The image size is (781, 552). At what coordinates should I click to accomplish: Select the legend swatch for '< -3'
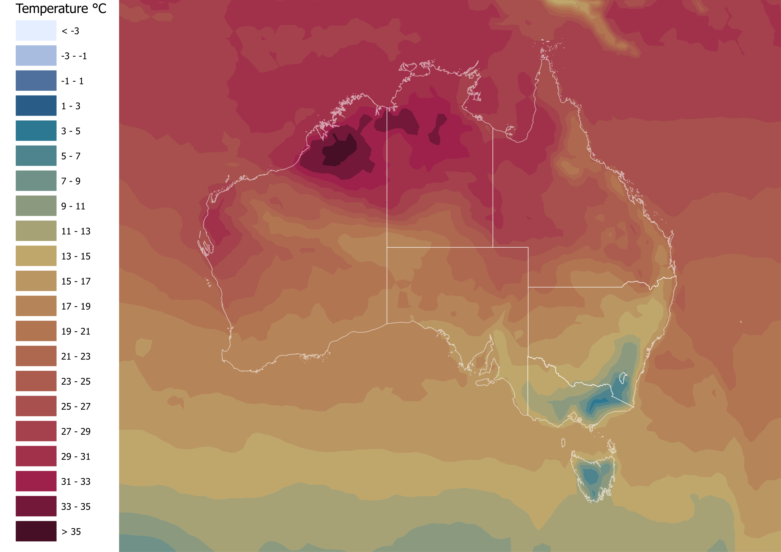tap(36, 31)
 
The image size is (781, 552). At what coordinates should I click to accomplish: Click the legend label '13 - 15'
tap(76, 256)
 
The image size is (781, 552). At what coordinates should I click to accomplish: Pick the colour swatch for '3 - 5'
tap(36, 131)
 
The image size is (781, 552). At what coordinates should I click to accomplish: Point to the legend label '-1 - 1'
tap(72, 81)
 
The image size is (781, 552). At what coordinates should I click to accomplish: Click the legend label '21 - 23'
tap(76, 356)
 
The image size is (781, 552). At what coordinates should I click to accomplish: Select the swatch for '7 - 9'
tap(36, 181)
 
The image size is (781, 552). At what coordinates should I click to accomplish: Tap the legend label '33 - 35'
tap(76, 506)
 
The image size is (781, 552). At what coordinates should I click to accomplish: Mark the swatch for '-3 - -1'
tap(36, 55)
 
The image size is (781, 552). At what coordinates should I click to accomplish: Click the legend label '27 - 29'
tap(76, 431)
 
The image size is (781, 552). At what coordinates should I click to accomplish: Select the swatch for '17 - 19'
tap(36, 306)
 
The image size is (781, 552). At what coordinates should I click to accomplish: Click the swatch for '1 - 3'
tap(36, 105)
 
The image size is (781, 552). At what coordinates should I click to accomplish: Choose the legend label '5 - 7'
tap(71, 156)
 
